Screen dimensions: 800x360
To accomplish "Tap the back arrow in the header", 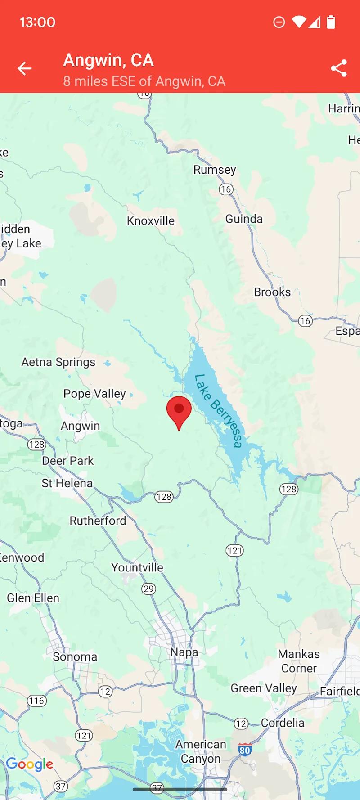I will tap(25, 68).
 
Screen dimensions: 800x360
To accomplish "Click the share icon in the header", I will tap(339, 68).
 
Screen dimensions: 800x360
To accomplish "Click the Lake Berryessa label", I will tap(218, 411).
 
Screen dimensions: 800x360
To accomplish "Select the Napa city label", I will tap(184, 652).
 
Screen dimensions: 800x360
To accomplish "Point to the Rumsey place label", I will tap(215, 170).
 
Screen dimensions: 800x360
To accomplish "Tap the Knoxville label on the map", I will tap(150, 221).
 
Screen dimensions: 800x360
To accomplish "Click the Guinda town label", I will tap(244, 219).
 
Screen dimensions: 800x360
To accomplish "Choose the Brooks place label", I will tap(272, 292).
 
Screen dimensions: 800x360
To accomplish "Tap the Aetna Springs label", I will tap(58, 362).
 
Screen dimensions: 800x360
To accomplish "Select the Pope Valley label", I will tap(94, 394).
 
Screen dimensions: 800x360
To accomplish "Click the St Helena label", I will tap(67, 483).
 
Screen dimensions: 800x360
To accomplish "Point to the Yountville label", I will tap(137, 568).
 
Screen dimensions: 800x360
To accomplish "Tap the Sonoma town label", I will tap(75, 657).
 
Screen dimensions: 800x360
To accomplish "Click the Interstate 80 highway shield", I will tap(245, 750).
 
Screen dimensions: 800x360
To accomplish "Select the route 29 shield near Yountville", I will tap(148, 589).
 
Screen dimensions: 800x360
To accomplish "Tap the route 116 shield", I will tap(37, 701).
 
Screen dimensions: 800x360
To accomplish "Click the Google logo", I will tap(30, 764).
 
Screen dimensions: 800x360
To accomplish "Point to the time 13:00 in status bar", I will tap(37, 22).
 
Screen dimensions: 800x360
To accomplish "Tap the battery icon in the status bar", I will tap(331, 22).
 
